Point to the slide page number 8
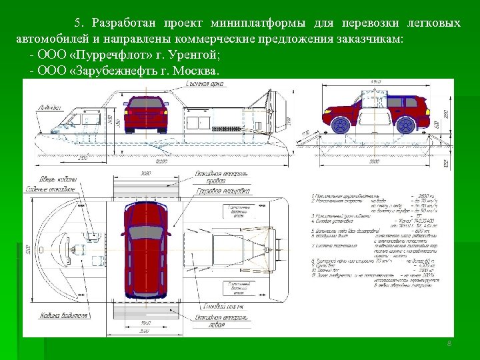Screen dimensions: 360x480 point(449,343)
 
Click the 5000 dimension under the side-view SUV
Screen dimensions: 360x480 point(373,161)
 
